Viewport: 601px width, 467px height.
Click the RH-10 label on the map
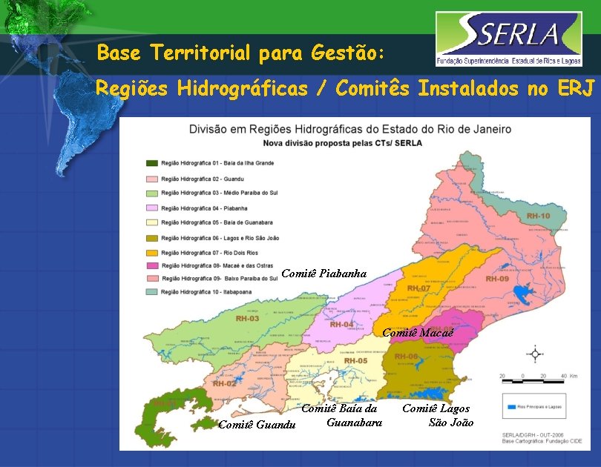[538, 216]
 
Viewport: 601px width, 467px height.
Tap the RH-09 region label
[497, 279]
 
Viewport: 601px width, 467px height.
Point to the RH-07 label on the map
[418, 288]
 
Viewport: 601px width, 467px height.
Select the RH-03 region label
[247, 318]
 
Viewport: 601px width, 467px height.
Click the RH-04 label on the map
[341, 324]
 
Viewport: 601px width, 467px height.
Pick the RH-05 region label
[355, 361]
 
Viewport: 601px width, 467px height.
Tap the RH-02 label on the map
[224, 383]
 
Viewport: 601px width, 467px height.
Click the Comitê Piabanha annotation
[324, 274]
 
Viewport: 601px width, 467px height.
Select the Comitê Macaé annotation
[417, 332]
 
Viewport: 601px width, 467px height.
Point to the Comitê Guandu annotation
[257, 425]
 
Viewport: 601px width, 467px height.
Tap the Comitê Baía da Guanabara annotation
[341, 415]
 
